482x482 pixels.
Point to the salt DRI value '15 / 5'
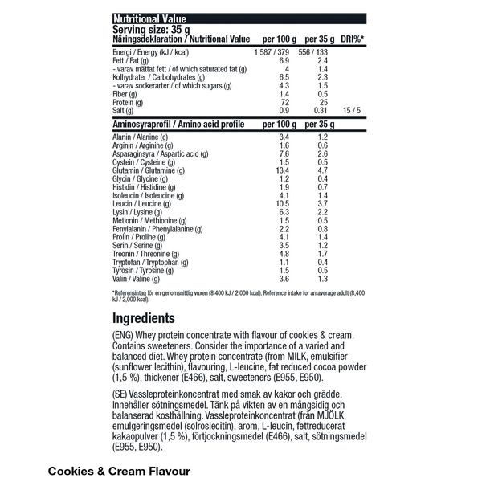point(351,110)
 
